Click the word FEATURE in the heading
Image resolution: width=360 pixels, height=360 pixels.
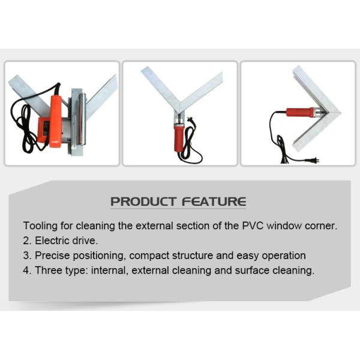(x=214, y=202)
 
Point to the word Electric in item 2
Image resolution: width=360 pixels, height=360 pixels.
(x=53, y=241)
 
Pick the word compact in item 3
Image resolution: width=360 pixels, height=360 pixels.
(x=159, y=256)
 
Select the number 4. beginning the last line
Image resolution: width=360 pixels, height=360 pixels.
(x=27, y=271)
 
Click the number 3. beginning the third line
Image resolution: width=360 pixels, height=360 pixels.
(x=27, y=256)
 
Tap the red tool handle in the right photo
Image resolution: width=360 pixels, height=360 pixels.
(x=300, y=112)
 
